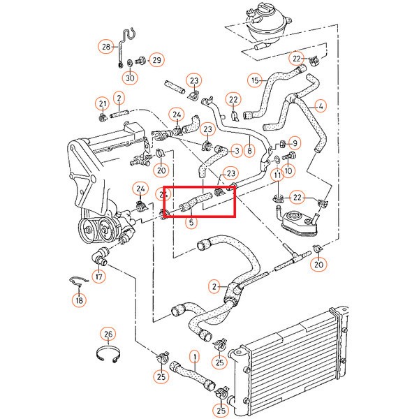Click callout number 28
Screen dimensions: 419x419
pos(106,47)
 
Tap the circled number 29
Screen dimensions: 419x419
pos(157,60)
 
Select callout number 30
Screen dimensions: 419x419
pos(130,78)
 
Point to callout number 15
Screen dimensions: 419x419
pos(255,80)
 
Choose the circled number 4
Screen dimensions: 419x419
pos(321,106)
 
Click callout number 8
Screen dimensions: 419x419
pos(249,151)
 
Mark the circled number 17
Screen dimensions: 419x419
pos(99,277)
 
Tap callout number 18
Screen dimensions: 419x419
pos(80,300)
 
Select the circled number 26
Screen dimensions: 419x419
pos(108,334)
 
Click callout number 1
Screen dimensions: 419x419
pos(195,357)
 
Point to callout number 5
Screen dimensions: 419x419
pos(191,222)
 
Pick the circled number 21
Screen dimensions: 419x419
pos(103,103)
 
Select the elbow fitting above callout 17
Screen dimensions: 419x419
pos(99,256)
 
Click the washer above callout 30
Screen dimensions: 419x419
pos(130,63)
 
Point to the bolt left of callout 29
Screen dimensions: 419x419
pos(140,61)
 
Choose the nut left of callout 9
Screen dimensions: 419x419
pos(282,145)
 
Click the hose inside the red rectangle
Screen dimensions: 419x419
pos(196,202)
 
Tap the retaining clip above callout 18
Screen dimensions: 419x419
pos(79,280)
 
